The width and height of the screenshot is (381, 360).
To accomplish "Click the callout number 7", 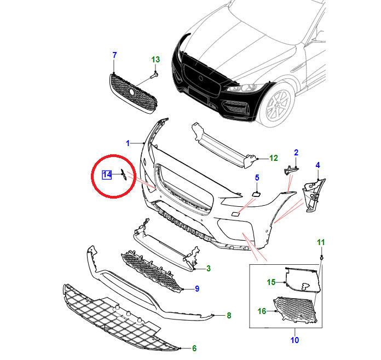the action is (115, 55).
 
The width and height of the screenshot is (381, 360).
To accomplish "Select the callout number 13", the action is (156, 60).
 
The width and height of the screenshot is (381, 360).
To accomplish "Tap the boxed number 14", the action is (107, 175).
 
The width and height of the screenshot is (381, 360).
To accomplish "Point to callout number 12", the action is (274, 158).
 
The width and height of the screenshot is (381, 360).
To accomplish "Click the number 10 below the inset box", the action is (295, 340).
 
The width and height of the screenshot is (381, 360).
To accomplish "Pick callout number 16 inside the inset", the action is (262, 311).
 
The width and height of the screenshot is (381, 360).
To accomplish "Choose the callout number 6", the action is (194, 348).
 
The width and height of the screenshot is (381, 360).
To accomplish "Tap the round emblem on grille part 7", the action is (132, 92).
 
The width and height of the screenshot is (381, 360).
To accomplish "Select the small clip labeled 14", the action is (124, 175).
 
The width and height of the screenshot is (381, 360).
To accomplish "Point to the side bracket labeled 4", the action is (314, 195).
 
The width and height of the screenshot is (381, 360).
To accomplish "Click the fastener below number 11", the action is (322, 257).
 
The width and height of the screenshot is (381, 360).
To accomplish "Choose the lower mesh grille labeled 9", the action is (152, 271).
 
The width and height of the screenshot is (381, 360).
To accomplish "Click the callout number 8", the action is (229, 315).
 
